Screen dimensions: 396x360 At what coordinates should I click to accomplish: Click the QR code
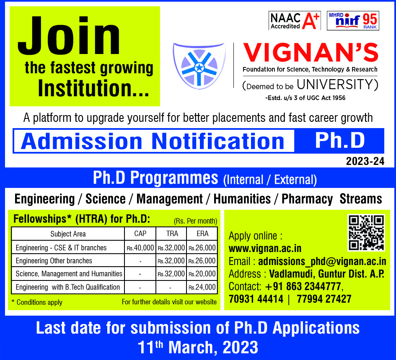pyautogui.click(x=366, y=233)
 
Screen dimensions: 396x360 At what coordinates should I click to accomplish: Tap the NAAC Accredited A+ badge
pyautogui.click(x=295, y=21)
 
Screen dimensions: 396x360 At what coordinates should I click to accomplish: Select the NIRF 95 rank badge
pyautogui.click(x=353, y=21)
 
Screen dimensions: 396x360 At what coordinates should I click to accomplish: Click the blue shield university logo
pyautogui.click(x=199, y=66)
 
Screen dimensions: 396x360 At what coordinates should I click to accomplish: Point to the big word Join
pyautogui.click(x=69, y=36)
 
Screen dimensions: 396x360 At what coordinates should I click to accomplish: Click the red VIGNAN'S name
pyautogui.click(x=311, y=52)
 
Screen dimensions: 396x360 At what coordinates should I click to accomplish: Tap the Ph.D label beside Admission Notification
pyautogui.click(x=340, y=141)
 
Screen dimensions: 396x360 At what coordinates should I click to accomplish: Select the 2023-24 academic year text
pyautogui.click(x=365, y=161)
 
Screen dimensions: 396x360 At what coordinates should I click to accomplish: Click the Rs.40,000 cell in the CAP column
pyautogui.click(x=140, y=248)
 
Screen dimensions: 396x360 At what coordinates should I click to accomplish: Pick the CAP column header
pyautogui.click(x=140, y=234)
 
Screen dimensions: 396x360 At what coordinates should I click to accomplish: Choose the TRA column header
pyautogui.click(x=172, y=234)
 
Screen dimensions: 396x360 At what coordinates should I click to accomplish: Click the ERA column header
pyautogui.click(x=202, y=234)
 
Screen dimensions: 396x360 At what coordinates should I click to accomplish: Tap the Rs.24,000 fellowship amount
pyautogui.click(x=202, y=287)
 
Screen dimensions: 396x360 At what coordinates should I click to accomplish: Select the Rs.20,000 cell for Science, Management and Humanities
pyautogui.click(x=202, y=274)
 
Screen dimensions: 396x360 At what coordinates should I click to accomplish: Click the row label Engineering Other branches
pyautogui.click(x=54, y=261)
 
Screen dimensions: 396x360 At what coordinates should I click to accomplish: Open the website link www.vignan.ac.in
pyautogui.click(x=265, y=249)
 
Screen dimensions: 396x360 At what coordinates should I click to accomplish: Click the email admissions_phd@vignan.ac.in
pyautogui.click(x=322, y=261)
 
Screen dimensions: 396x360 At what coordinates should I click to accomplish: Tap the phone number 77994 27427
pyautogui.click(x=324, y=299)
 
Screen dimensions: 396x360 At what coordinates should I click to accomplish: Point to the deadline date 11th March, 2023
pyautogui.click(x=198, y=347)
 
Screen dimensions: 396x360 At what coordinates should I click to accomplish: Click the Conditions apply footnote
pyautogui.click(x=37, y=302)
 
